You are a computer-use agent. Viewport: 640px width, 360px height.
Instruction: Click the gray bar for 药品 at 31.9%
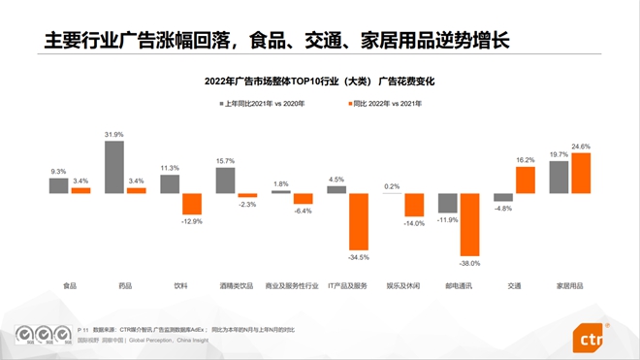coord(114,167)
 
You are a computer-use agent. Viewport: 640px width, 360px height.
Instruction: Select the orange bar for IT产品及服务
coord(359,221)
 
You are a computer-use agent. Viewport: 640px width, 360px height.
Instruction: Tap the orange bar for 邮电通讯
coord(470,224)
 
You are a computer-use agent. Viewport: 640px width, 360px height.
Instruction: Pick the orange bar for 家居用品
coord(581,174)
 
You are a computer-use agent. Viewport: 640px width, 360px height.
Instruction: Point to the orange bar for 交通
coord(526,180)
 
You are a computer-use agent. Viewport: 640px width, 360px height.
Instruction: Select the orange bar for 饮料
coord(192,204)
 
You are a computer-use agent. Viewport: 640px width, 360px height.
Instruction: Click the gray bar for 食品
coord(59,185)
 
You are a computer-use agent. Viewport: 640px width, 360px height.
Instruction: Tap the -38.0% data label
coord(470,262)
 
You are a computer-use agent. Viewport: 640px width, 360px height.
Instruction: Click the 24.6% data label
coord(581,147)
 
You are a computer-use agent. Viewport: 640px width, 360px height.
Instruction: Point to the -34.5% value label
coord(359,256)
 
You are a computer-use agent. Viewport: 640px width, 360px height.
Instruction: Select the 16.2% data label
coord(526,160)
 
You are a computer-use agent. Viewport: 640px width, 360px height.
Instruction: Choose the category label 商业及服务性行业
coord(292,286)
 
